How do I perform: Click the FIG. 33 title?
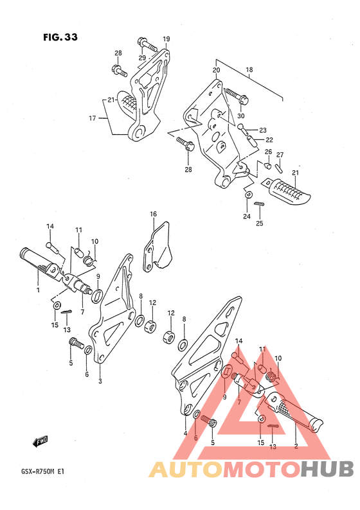coord(60,37)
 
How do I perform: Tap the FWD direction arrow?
coord(40,441)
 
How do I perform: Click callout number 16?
coord(153,214)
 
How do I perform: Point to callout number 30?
coord(241,116)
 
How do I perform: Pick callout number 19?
coord(166,39)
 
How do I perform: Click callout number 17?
coord(93,118)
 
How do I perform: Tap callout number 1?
coord(38,290)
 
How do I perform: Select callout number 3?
coord(100,381)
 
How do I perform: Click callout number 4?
coord(185,433)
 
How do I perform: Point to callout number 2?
coord(296,446)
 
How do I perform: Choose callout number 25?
coord(260,224)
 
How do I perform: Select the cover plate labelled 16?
coord(157,247)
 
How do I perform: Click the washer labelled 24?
coord(248,195)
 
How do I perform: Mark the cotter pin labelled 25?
coord(259,204)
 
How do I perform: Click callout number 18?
coord(249,69)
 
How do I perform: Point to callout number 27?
coord(280,155)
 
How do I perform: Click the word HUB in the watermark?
coord(327,469)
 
